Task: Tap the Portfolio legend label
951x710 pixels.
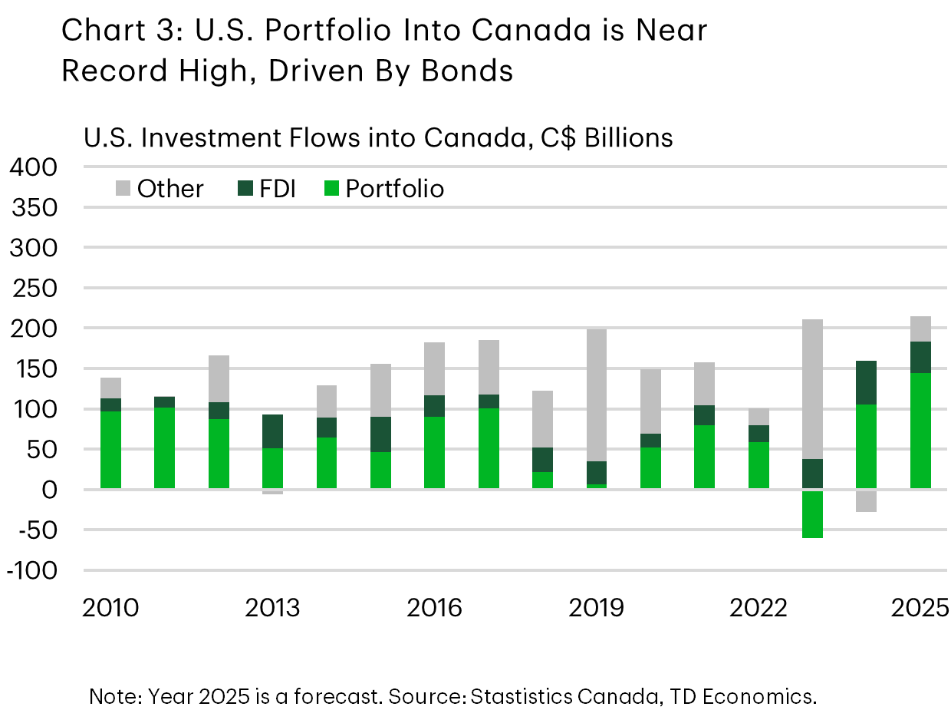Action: click(x=394, y=189)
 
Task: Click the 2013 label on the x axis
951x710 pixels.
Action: click(x=273, y=609)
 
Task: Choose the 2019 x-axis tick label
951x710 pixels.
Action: click(x=597, y=609)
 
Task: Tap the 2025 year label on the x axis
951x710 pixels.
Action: click(x=919, y=609)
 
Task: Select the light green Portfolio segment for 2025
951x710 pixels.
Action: click(x=920, y=431)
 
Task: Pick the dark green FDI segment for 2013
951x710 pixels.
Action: click(x=273, y=431)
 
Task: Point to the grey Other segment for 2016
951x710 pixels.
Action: click(x=435, y=368)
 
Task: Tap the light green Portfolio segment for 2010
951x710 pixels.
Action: click(x=110, y=450)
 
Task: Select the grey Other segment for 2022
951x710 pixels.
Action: click(x=758, y=417)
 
